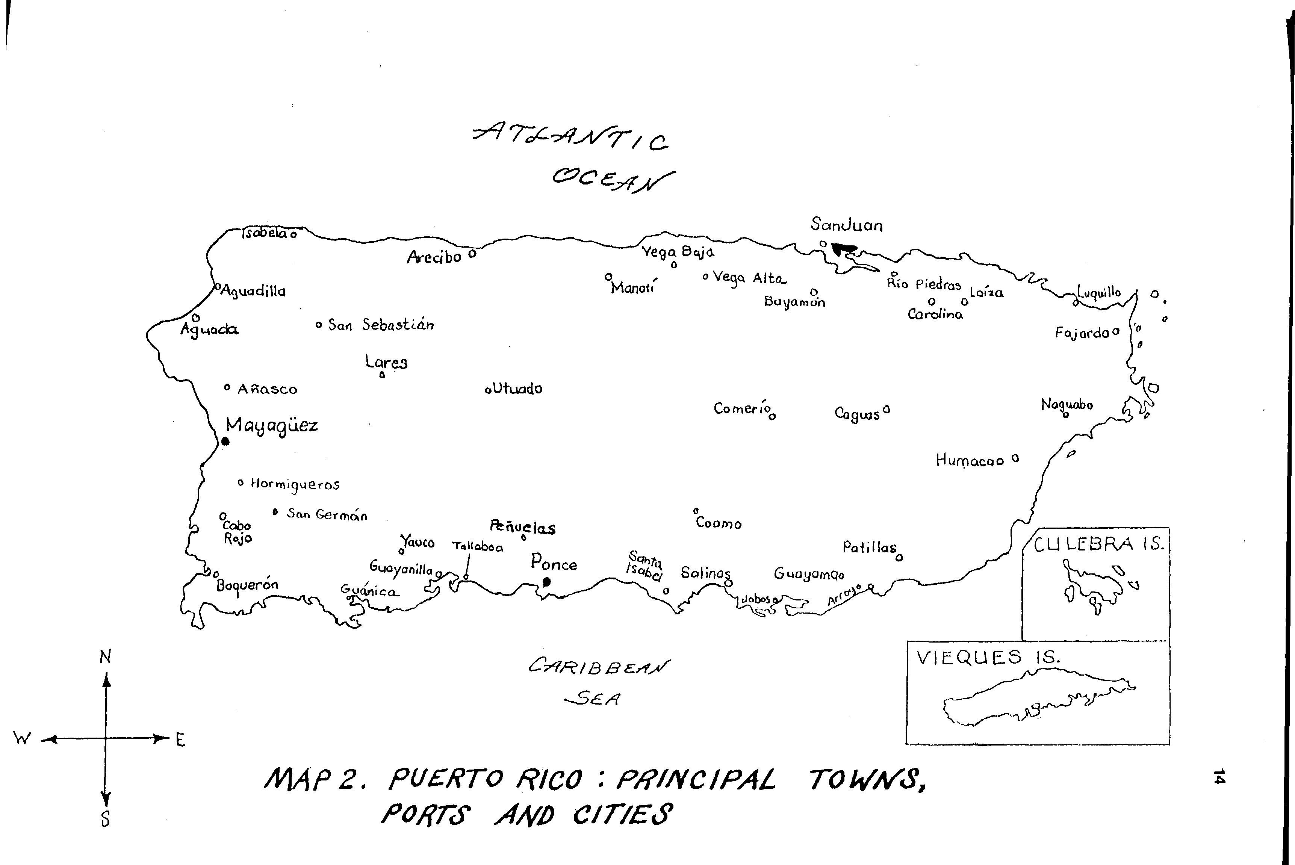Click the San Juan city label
tap(846, 225)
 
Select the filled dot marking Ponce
tap(547, 581)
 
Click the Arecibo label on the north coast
tap(434, 257)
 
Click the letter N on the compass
tap(105, 656)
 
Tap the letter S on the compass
tap(105, 819)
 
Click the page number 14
tap(1219, 776)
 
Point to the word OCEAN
tap(613, 179)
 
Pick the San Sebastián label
tap(381, 325)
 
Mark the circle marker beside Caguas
tap(886, 410)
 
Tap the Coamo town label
tap(719, 523)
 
